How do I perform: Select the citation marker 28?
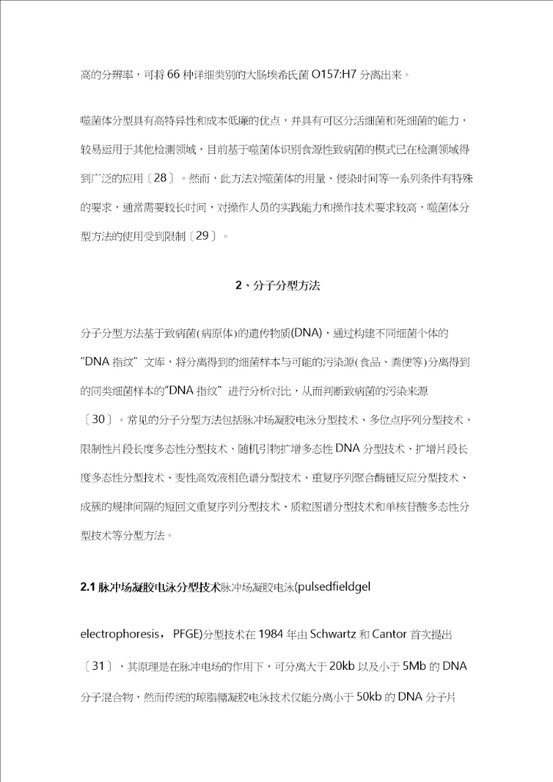(160, 177)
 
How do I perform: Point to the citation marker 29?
(203, 235)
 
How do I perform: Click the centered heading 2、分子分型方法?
(276, 285)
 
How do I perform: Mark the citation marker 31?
(98, 666)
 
